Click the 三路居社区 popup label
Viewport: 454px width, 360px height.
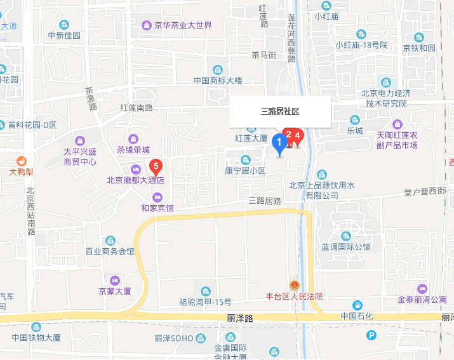tap(280, 111)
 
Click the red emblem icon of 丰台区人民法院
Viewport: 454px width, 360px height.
tap(294, 286)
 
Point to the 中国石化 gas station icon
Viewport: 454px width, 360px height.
tap(357, 305)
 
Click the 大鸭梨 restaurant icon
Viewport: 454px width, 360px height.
tap(21, 161)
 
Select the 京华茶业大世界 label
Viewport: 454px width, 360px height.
tap(183, 26)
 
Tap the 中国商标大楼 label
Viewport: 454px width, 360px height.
tap(218, 81)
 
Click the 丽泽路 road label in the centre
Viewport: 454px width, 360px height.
tap(240, 317)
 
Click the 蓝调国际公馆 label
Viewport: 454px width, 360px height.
tap(346, 246)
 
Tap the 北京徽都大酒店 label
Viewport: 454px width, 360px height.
tap(135, 180)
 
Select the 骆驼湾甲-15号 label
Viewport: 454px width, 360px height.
tap(205, 302)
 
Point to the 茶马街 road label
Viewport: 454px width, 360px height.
tap(263, 55)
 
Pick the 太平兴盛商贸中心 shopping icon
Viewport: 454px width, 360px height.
tap(80, 140)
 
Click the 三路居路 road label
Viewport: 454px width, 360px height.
tap(265, 201)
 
